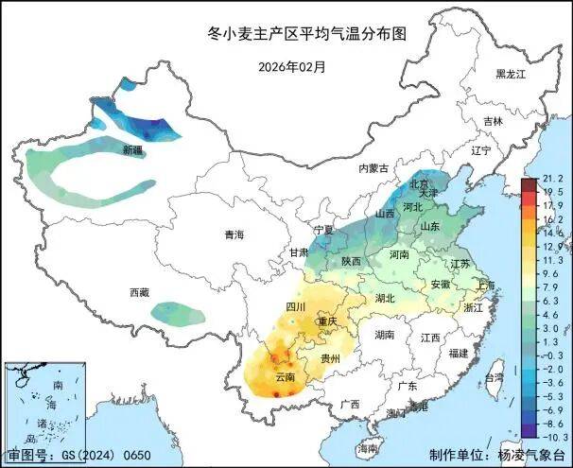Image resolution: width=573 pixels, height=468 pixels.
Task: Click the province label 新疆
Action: [x=132, y=150]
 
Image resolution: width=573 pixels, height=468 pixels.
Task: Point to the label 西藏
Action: [x=139, y=293]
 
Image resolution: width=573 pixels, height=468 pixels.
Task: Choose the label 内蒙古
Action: [x=373, y=167]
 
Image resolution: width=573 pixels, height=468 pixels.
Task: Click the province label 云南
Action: [x=285, y=377]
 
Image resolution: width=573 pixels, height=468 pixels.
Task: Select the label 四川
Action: [x=295, y=308]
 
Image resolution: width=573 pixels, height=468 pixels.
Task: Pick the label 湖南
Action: [x=384, y=334]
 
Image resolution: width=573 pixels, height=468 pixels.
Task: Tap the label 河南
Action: [x=398, y=254]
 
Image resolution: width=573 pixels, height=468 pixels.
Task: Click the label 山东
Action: [x=430, y=227]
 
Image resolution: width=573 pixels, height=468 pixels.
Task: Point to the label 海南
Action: [x=368, y=447]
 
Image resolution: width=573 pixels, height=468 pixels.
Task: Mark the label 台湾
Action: [x=494, y=377]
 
